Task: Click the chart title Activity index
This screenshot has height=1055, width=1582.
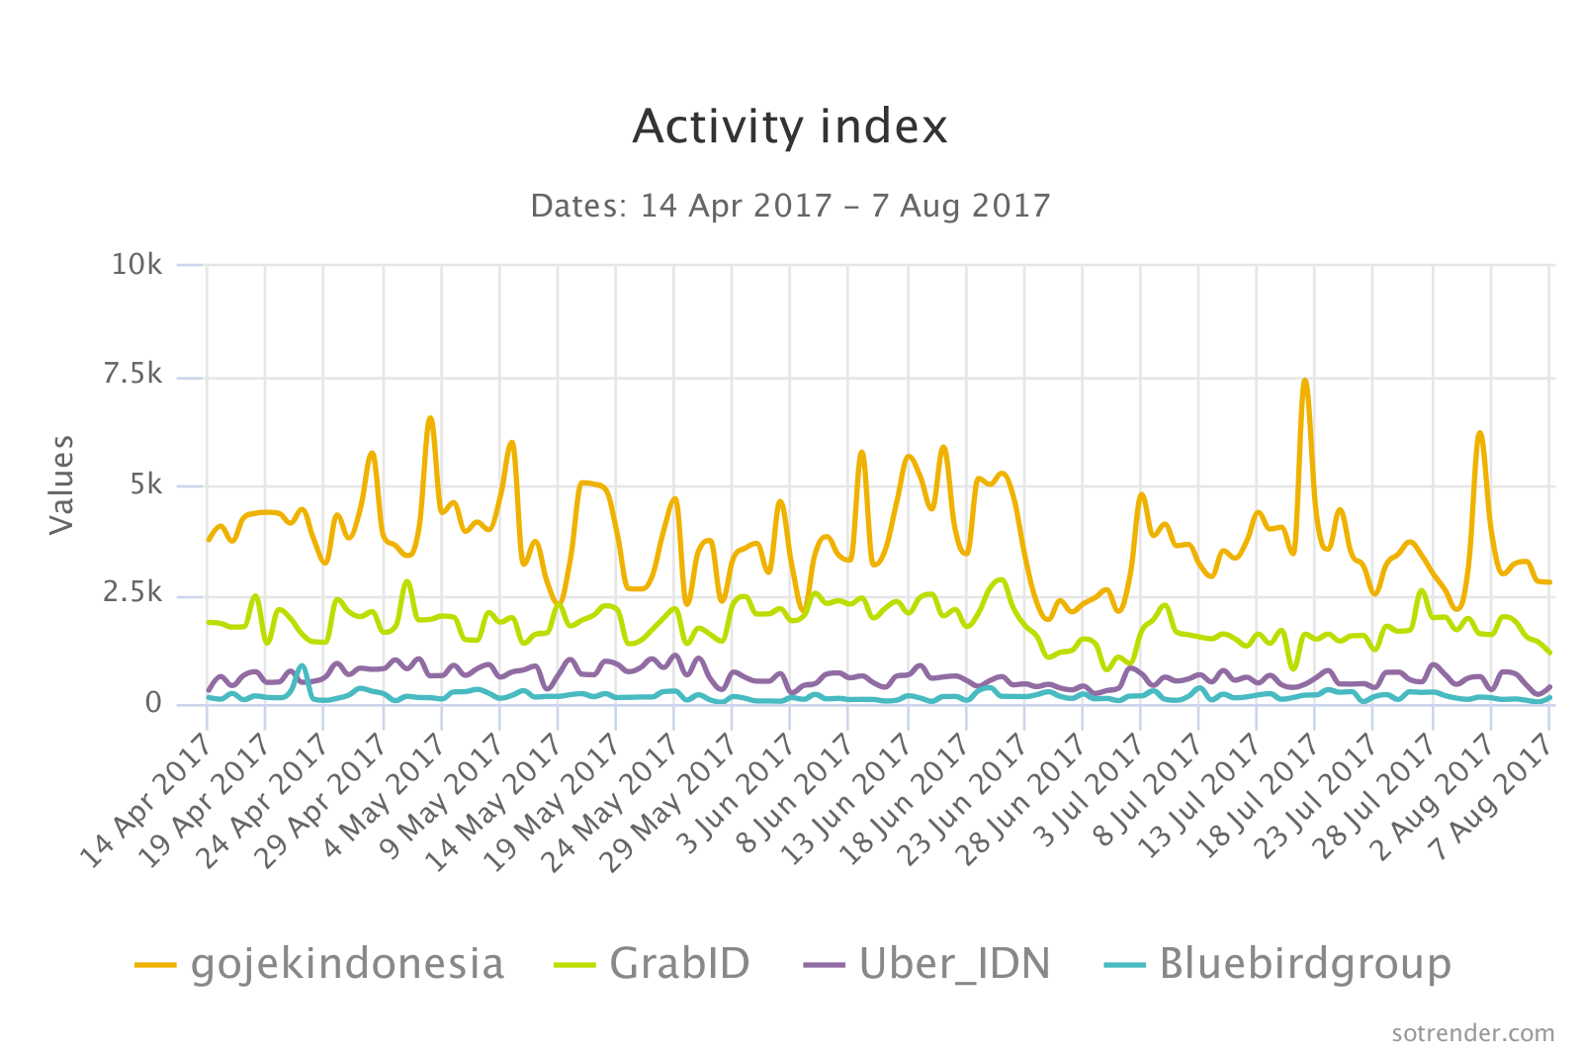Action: click(790, 127)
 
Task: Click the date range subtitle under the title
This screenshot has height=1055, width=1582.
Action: click(790, 206)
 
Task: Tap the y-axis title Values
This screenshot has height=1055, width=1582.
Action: click(61, 484)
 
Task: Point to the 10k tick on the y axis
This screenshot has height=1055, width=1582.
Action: click(136, 265)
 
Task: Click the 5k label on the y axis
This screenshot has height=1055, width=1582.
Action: click(144, 484)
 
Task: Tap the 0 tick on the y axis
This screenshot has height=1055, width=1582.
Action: click(153, 703)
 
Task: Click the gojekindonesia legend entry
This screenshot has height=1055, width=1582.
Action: click(320, 963)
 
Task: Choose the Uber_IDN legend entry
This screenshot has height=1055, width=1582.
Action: click(927, 963)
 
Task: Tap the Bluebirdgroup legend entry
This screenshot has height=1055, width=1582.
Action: click(1277, 963)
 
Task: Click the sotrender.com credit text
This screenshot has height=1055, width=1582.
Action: click(1472, 1033)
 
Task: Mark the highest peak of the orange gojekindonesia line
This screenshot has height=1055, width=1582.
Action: click(1305, 381)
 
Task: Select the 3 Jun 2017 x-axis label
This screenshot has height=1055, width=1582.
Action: click(738, 801)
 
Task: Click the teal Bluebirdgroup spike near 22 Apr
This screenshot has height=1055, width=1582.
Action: click(302, 665)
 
